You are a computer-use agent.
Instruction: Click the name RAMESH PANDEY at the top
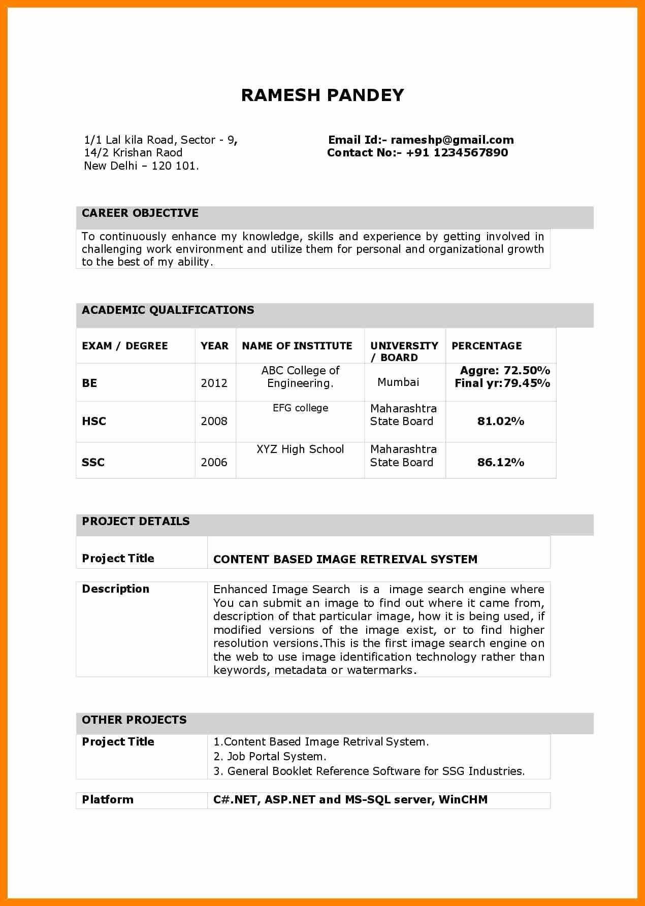click(322, 95)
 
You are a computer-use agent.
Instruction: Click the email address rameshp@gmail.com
click(452, 140)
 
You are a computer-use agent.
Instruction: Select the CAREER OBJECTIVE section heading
click(140, 213)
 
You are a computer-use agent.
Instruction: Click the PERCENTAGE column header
click(487, 346)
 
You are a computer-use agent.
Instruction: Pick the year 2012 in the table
click(214, 383)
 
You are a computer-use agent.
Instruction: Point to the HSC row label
click(94, 421)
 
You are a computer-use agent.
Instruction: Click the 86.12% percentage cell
click(500, 462)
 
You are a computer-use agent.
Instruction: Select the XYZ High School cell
click(300, 449)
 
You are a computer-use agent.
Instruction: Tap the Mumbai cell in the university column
click(398, 382)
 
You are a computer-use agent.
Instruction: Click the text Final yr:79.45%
click(502, 383)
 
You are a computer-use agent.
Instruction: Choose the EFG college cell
click(300, 408)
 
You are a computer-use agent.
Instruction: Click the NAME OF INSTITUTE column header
click(297, 346)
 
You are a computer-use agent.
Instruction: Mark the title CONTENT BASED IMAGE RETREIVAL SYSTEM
click(345, 560)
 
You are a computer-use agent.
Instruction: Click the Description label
click(116, 589)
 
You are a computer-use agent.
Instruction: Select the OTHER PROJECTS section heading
click(134, 720)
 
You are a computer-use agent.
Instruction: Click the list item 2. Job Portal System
click(270, 757)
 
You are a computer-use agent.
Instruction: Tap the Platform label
click(108, 800)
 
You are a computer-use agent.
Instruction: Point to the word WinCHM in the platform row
click(463, 800)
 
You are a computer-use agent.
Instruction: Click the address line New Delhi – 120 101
click(141, 166)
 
